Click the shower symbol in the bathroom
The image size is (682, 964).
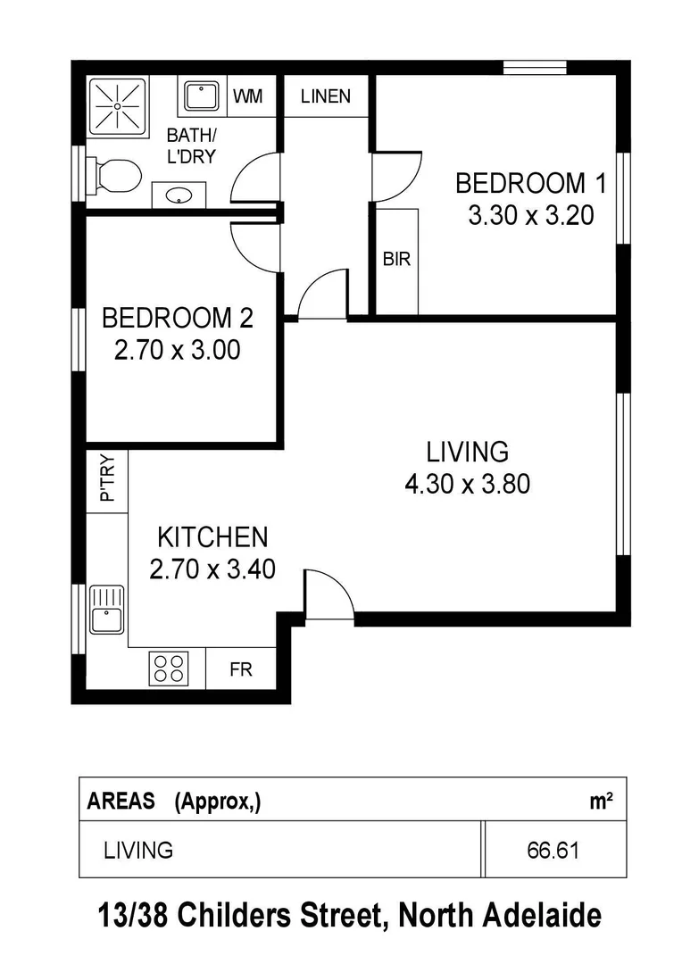(x=117, y=107)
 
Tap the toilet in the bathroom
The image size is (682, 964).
(x=116, y=175)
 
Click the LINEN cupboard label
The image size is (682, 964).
(x=326, y=96)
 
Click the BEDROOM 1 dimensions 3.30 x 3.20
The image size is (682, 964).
(x=530, y=216)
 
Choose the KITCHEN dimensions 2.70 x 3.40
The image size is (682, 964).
(x=212, y=569)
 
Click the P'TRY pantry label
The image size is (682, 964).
(x=107, y=480)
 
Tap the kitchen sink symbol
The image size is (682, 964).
(x=106, y=608)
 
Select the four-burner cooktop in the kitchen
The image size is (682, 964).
(x=169, y=668)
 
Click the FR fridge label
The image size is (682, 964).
(x=241, y=670)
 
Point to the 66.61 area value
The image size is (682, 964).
(x=553, y=851)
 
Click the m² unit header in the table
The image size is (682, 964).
(x=601, y=801)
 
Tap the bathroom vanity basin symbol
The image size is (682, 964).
(x=179, y=195)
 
